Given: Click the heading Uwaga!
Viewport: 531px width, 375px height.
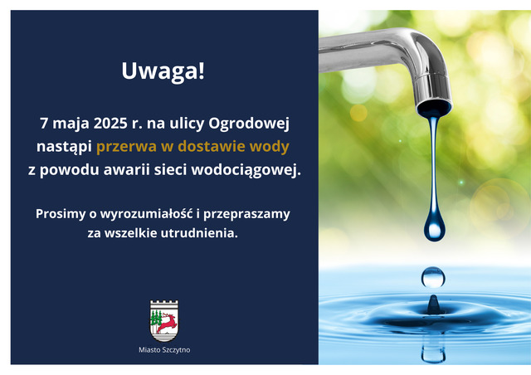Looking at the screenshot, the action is click(163, 71).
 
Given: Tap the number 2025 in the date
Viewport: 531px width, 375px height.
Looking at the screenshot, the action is click(110, 124).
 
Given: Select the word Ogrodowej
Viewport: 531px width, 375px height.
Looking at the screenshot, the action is click(249, 124).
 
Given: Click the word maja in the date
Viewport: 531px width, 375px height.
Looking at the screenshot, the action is click(71, 124).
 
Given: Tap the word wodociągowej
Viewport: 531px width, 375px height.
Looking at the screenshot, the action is click(246, 170).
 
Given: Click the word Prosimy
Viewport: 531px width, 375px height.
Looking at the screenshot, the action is click(61, 214).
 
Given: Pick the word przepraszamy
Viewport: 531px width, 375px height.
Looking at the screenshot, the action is click(246, 215).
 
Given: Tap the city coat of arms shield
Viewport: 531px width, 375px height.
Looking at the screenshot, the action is click(164, 321).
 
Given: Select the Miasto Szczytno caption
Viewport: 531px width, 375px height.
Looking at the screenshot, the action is click(164, 350).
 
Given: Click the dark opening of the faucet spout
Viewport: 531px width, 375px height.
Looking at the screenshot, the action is click(434, 109).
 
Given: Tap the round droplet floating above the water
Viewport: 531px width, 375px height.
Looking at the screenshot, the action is click(433, 277).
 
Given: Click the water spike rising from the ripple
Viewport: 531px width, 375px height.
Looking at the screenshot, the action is click(433, 304).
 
